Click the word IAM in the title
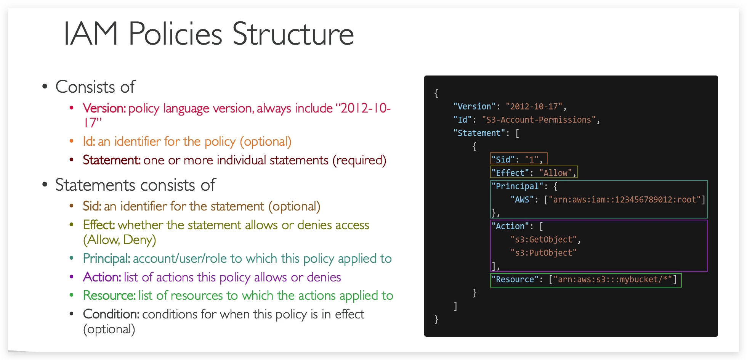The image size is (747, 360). click(x=90, y=34)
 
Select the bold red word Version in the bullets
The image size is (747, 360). click(x=104, y=108)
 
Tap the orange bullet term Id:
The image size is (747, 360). click(x=89, y=141)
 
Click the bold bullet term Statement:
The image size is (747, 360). click(x=112, y=160)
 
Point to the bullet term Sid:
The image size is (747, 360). click(x=92, y=206)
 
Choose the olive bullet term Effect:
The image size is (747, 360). click(x=99, y=225)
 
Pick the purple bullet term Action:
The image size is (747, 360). click(x=102, y=277)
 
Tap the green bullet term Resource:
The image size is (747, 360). click(x=109, y=296)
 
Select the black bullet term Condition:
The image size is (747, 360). click(x=111, y=314)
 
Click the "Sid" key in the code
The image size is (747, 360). click(x=503, y=159)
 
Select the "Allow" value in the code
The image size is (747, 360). click(x=555, y=173)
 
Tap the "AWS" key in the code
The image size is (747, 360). click(x=522, y=200)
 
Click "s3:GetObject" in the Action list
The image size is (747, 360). click(x=543, y=240)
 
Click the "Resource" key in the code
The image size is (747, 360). click(x=515, y=280)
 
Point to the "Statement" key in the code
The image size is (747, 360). click(x=479, y=133)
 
